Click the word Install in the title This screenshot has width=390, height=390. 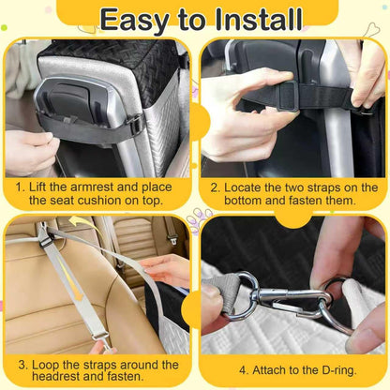(x=259, y=20)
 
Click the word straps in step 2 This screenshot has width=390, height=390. (x=323, y=188)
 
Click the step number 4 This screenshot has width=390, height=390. (x=244, y=370)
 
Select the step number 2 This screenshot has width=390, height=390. (x=216, y=188)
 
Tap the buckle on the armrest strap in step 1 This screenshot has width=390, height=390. (x=136, y=124)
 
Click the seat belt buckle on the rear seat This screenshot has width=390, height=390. (x=172, y=240)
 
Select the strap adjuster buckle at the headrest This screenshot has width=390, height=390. (x=47, y=240)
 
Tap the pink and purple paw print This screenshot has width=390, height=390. (x=199, y=220)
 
